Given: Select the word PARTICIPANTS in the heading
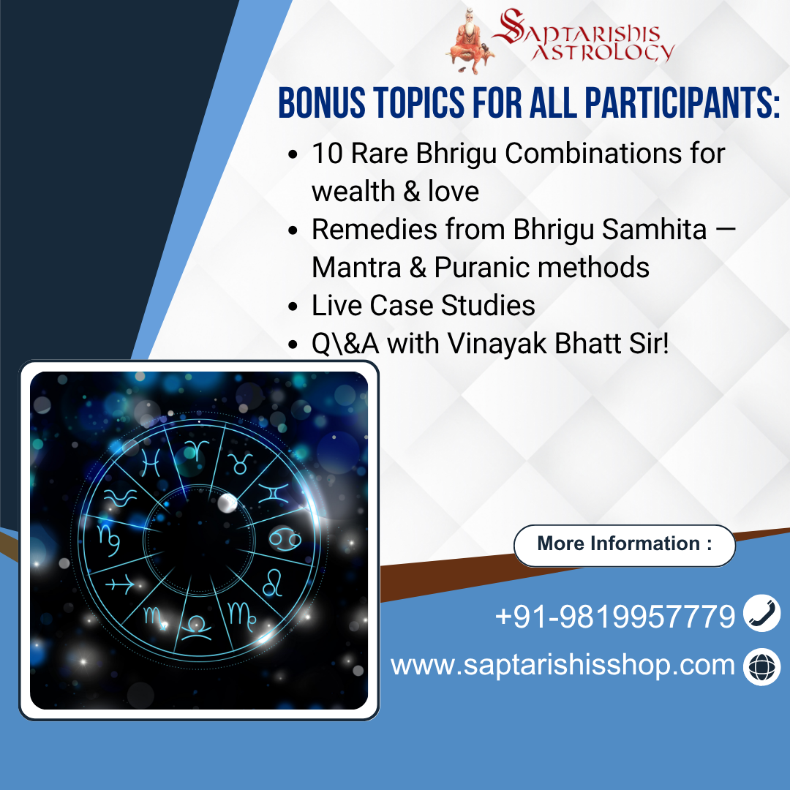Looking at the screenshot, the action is (682, 103).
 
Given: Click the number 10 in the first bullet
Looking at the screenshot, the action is (327, 153).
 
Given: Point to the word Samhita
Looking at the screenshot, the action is (655, 229).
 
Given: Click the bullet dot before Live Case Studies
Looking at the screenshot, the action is (293, 306).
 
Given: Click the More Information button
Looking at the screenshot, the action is (624, 545).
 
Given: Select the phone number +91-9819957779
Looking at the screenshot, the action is (614, 616).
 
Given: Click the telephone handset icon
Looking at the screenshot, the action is (761, 613).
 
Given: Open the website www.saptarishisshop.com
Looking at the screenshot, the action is (563, 665).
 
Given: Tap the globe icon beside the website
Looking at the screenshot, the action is (761, 666).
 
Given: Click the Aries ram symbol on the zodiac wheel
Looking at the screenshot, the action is (196, 450).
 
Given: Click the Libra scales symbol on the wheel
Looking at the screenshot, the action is (196, 628).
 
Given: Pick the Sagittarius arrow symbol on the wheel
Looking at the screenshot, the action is (119, 585).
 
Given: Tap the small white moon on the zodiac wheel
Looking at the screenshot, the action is (227, 503).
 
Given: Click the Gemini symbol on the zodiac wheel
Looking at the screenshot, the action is (274, 493).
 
